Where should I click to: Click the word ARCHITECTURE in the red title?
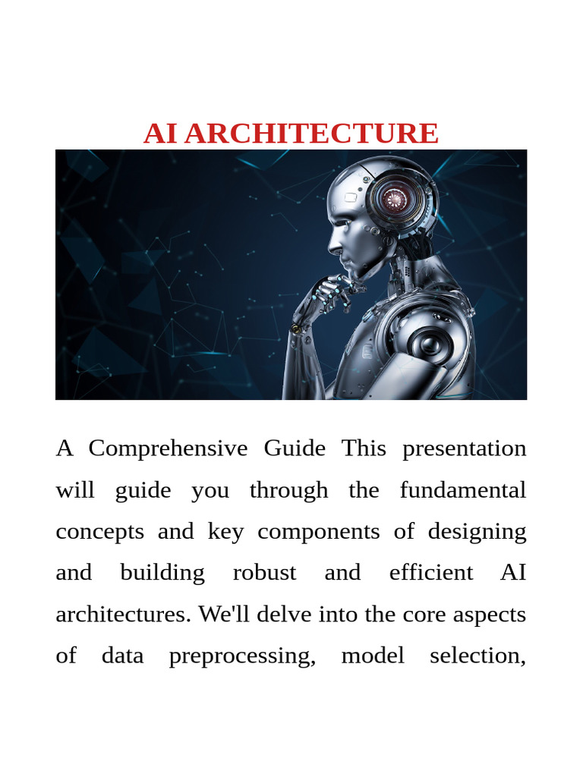click(x=311, y=134)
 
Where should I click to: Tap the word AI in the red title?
click(x=160, y=134)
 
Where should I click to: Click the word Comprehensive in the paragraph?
click(x=168, y=448)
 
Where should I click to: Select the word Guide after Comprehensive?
click(x=295, y=448)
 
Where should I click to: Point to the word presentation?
click(x=464, y=448)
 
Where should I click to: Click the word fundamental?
click(x=462, y=490)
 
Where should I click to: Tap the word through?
click(x=288, y=490)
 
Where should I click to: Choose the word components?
click(x=318, y=531)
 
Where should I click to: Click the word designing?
click(x=477, y=531)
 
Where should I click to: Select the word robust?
click(x=264, y=572)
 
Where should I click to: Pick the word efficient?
click(x=430, y=572)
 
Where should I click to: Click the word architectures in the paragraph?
click(x=123, y=614)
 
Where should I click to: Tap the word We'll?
click(x=224, y=614)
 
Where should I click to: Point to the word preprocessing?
click(x=241, y=656)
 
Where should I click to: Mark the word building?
click(x=162, y=572)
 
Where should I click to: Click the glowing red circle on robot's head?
click(x=394, y=200)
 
